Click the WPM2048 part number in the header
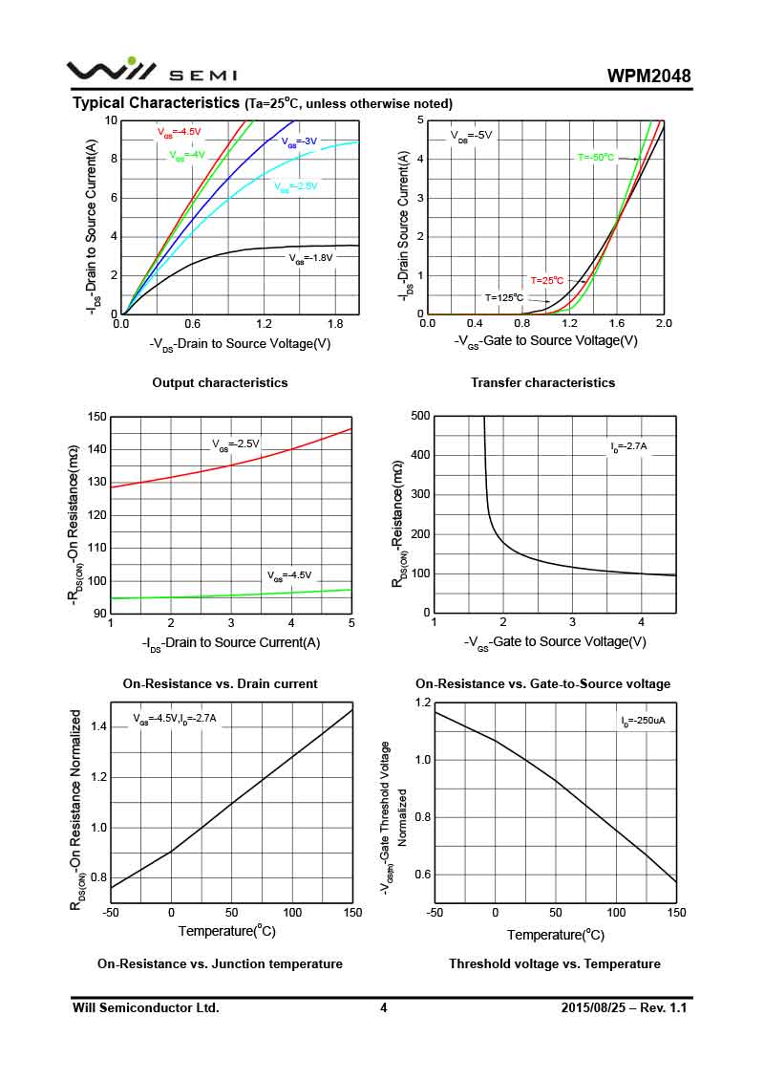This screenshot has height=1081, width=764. pyautogui.click(x=648, y=76)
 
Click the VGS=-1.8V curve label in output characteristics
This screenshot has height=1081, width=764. pyautogui.click(x=310, y=257)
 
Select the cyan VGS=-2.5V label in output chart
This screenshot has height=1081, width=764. pyautogui.click(x=295, y=186)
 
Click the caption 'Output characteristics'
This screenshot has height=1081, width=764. pyautogui.click(x=220, y=382)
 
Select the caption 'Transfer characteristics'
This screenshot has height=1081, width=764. pyautogui.click(x=542, y=382)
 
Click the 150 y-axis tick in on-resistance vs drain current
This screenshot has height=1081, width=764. pyautogui.click(x=96, y=417)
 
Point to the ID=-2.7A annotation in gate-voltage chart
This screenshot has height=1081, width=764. pyautogui.click(x=628, y=446)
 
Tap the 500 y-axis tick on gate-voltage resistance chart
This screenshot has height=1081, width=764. pyautogui.click(x=419, y=416)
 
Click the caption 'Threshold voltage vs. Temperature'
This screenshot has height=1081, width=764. pyautogui.click(x=555, y=963)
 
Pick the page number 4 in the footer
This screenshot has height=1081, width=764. pyautogui.click(x=383, y=1007)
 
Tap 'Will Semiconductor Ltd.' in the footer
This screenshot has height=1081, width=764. pyautogui.click(x=146, y=1007)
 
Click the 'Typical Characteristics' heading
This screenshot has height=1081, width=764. pyautogui.click(x=156, y=102)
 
